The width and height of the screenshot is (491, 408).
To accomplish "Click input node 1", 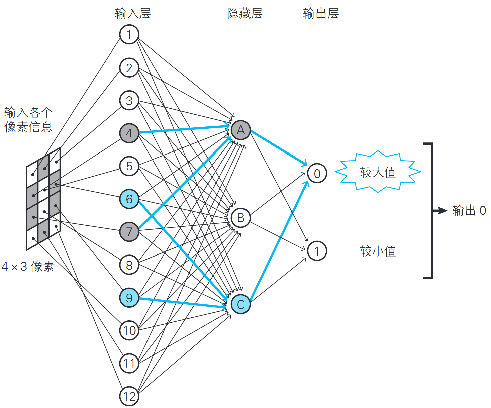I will tap(129, 34).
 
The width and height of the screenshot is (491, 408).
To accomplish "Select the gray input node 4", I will tap(129, 133).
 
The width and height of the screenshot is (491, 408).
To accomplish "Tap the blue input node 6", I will tap(129, 199).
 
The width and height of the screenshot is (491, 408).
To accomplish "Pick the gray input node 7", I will tap(129, 232).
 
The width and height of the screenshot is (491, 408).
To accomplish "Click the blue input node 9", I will tap(129, 298).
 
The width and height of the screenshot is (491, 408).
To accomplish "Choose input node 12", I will tap(129, 396).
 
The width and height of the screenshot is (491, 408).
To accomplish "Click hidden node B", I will tap(240, 218).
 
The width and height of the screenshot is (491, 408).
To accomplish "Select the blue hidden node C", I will tap(240, 304).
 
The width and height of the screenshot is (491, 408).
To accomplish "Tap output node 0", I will tap(317, 173).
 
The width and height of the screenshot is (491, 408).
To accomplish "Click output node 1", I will tap(317, 251).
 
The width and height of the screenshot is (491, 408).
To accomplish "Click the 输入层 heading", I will tap(133, 14).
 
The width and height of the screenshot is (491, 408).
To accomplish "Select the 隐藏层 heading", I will tap(245, 14).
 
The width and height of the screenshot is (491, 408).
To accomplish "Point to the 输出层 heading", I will tap(321, 14).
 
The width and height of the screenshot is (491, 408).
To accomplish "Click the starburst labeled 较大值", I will tap(378, 172).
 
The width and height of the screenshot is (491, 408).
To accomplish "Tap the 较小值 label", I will tap(378, 251).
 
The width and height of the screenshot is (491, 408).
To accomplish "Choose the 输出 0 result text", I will tap(469, 211).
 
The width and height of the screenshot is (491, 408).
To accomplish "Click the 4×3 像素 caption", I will tap(28, 267).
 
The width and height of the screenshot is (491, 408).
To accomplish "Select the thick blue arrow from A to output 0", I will tap(278, 147).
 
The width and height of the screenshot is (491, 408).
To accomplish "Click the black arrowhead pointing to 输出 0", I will tap(443, 211).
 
